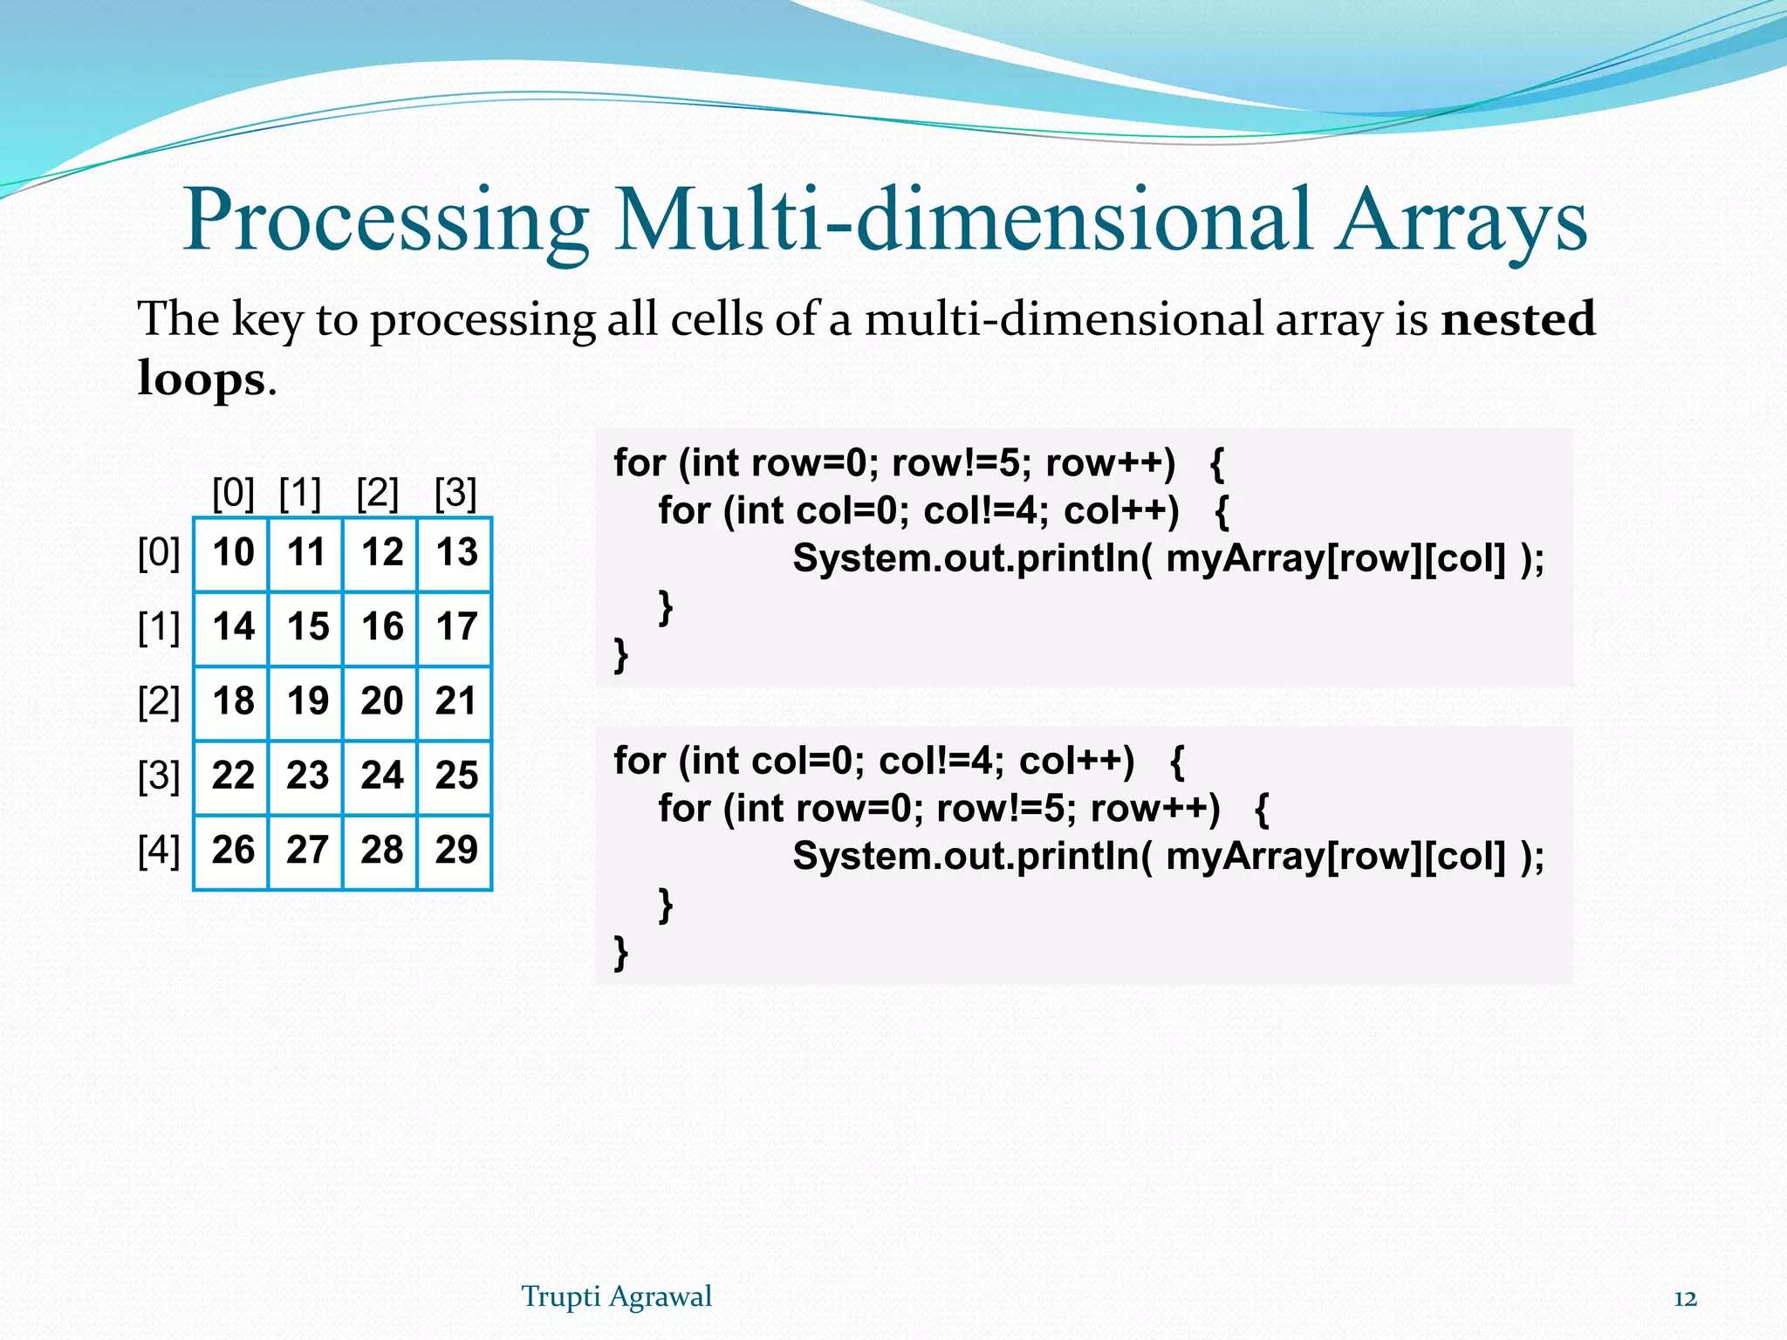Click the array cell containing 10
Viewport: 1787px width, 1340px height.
pyautogui.click(x=232, y=553)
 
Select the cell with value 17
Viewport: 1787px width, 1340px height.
pyautogui.click(x=456, y=627)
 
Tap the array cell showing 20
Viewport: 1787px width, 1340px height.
pyautogui.click(x=381, y=702)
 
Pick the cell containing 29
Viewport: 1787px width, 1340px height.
pyautogui.click(x=456, y=851)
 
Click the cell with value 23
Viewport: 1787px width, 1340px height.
pyautogui.click(x=307, y=776)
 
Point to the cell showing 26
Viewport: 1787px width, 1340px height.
pyautogui.click(x=232, y=851)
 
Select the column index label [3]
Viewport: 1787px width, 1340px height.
pyautogui.click(x=455, y=493)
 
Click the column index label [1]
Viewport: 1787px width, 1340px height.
pyautogui.click(x=300, y=493)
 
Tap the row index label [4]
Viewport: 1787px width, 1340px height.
pyautogui.click(x=159, y=851)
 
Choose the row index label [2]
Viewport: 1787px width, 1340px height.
pyautogui.click(x=159, y=702)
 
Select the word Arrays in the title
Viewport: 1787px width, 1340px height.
pyautogui.click(x=1462, y=222)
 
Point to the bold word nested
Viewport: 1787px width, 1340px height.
pyautogui.click(x=1518, y=318)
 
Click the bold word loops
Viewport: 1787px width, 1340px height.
pyautogui.click(x=202, y=379)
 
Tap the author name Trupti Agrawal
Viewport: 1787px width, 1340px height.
pyautogui.click(x=616, y=1296)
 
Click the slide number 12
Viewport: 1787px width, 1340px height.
pyautogui.click(x=1685, y=1299)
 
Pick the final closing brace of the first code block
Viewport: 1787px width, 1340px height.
pyautogui.click(x=620, y=654)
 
